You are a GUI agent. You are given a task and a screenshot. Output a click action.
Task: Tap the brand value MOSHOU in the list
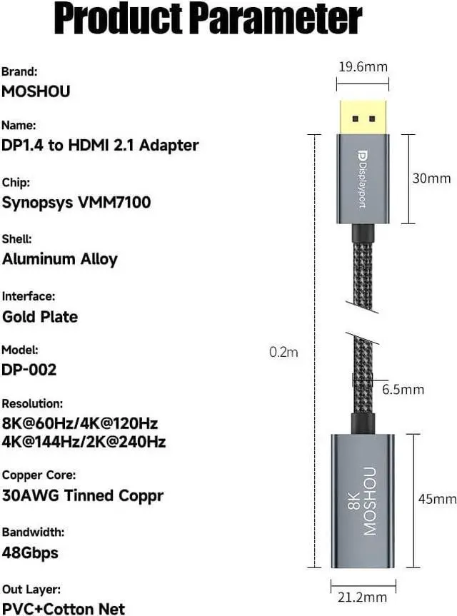[36, 91]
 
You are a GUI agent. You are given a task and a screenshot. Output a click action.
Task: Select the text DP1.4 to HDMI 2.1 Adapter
[100, 146]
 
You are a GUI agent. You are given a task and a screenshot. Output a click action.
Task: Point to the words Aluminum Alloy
[60, 259]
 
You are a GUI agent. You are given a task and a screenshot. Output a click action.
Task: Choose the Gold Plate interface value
[40, 316]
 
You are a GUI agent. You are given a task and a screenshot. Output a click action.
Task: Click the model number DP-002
[29, 370]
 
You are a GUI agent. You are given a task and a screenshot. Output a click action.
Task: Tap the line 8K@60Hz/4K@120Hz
[80, 423]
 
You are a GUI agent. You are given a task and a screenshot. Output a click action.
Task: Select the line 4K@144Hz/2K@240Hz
[84, 442]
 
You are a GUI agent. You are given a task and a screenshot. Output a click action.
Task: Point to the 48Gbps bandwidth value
[30, 552]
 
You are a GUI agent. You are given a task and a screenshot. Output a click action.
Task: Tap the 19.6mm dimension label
[362, 67]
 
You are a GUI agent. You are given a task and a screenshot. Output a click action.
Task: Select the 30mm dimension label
[431, 178]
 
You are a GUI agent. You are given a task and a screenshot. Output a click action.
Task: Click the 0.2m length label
[284, 351]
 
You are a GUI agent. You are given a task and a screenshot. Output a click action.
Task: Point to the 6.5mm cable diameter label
[403, 389]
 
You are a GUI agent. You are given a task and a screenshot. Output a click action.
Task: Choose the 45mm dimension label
[437, 499]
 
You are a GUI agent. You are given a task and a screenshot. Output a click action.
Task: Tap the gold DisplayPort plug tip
[362, 115]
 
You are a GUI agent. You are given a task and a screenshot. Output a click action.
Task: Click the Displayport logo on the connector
[362, 178]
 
